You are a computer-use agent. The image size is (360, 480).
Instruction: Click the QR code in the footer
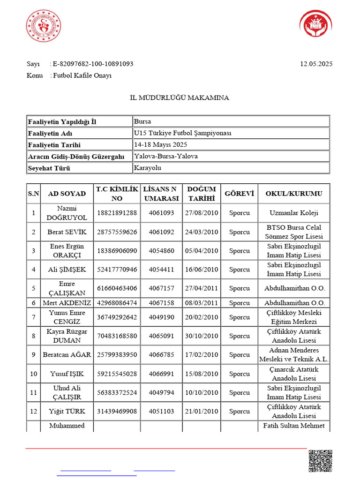320,461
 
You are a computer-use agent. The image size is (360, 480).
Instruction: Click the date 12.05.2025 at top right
316,64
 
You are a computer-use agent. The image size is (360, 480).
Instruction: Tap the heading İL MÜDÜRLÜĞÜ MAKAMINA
180,97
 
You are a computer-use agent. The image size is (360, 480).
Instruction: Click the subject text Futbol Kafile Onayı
82,75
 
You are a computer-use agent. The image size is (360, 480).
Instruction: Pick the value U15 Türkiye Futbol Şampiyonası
183,133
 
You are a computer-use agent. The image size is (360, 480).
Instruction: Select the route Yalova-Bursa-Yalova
166,156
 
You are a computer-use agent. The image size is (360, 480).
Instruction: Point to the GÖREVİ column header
239,194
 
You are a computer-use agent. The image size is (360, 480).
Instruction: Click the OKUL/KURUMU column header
294,194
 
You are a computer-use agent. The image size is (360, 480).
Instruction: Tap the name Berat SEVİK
67,232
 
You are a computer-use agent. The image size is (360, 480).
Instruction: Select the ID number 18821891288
117,213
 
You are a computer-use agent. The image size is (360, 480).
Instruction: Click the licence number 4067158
161,303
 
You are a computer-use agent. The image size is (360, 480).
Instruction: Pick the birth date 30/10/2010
202,336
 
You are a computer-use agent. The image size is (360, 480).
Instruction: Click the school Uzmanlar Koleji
294,213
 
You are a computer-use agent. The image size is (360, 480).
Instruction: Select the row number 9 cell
33,355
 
